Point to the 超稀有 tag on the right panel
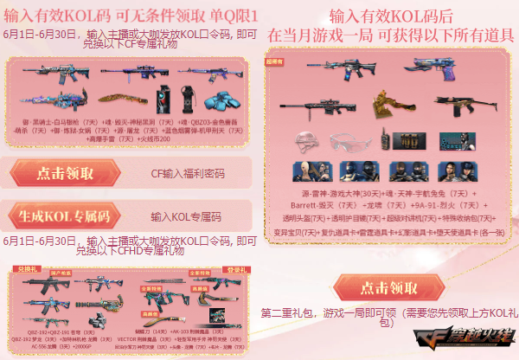pyautogui.click(x=283, y=62)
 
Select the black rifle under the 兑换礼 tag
pyautogui.click(x=39, y=285)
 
